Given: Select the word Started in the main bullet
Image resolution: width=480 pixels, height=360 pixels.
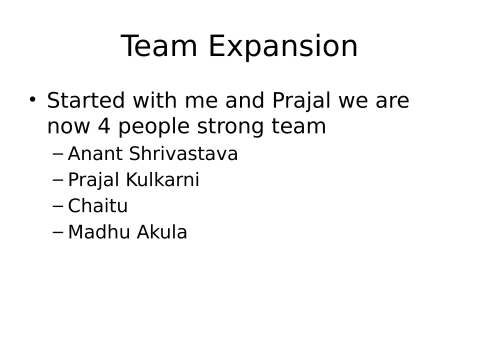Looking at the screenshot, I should click(x=83, y=101).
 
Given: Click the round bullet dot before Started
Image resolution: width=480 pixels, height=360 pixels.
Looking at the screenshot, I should click(x=32, y=100).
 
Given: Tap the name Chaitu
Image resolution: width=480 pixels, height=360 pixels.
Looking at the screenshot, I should click(x=98, y=206).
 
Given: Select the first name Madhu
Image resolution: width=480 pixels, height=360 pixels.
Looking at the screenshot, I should click(x=96, y=232).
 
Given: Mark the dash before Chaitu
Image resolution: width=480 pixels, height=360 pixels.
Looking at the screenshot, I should click(x=58, y=206).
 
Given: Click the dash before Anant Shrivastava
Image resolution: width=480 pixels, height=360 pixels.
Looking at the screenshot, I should click(x=58, y=154).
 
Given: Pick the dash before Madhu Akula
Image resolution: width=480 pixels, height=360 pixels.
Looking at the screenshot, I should click(x=58, y=232).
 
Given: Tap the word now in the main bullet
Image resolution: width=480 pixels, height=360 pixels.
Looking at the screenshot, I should click(x=65, y=128).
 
